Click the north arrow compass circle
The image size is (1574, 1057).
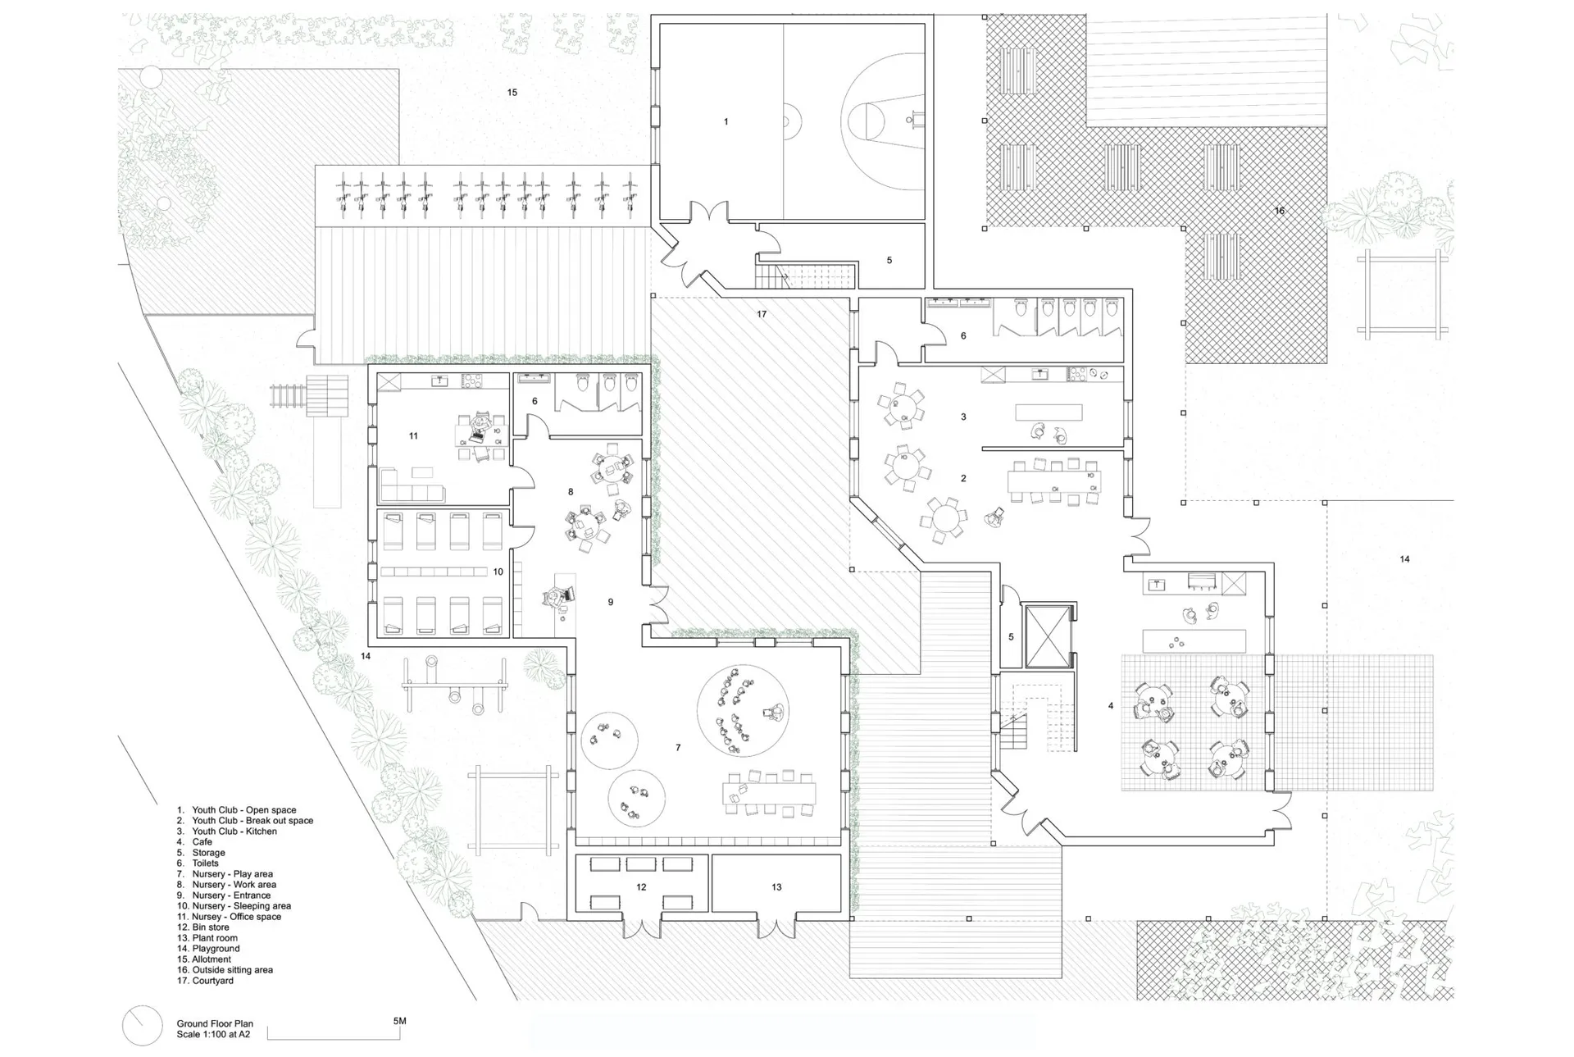[x=142, y=1025]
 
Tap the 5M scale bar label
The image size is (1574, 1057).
[x=399, y=1021]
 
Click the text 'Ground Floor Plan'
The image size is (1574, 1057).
[x=215, y=1023]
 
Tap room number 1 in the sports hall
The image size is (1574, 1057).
[x=726, y=122]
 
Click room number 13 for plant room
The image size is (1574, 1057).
[x=776, y=887]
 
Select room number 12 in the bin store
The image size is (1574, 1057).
[x=641, y=887]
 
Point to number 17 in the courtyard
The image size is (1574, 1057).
[x=762, y=314]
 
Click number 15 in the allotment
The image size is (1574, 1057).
[x=512, y=93]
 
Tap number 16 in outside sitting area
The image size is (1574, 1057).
[x=1279, y=211]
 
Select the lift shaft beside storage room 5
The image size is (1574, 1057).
[x=1049, y=636]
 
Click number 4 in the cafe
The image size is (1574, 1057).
[x=1111, y=706]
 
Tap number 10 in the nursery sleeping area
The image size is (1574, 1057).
[x=498, y=572]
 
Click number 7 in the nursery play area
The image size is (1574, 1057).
[x=678, y=748]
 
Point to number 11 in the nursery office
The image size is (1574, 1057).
[x=413, y=436]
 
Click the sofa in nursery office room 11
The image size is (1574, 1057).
[x=412, y=485]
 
